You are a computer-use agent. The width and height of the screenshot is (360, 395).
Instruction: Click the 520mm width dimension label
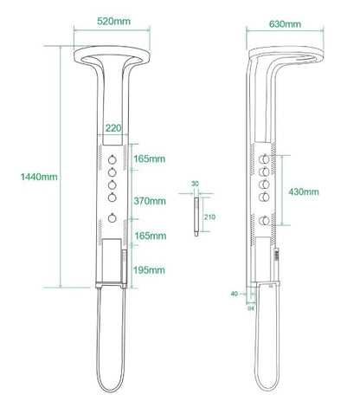(113, 22)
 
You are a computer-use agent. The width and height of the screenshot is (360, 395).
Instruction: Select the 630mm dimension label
(285, 24)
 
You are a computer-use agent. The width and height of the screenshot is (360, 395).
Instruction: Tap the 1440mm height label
(39, 177)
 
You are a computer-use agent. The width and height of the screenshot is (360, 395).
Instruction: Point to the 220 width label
(113, 128)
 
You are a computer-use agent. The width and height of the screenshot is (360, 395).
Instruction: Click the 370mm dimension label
(150, 201)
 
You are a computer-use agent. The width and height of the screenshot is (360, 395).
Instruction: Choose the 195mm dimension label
(149, 270)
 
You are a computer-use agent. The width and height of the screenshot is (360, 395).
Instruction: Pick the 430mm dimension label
(304, 191)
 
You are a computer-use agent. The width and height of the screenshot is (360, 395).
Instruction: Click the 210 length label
(209, 217)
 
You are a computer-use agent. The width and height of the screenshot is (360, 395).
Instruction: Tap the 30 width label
(195, 184)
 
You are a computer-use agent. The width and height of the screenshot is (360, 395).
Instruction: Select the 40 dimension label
(235, 294)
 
